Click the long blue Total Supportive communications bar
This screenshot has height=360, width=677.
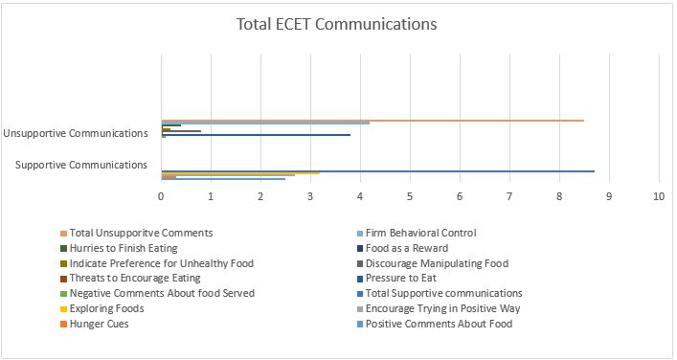click(x=377, y=171)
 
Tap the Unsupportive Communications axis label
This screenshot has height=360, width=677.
click(x=76, y=132)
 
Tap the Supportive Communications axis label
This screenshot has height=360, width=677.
click(x=81, y=165)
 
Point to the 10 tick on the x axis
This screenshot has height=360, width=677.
click(x=659, y=196)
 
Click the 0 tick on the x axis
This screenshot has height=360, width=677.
click(x=161, y=196)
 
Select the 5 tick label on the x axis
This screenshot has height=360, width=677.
click(x=410, y=196)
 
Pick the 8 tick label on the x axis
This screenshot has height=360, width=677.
click(x=559, y=196)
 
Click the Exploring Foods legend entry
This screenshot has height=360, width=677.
click(x=106, y=309)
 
